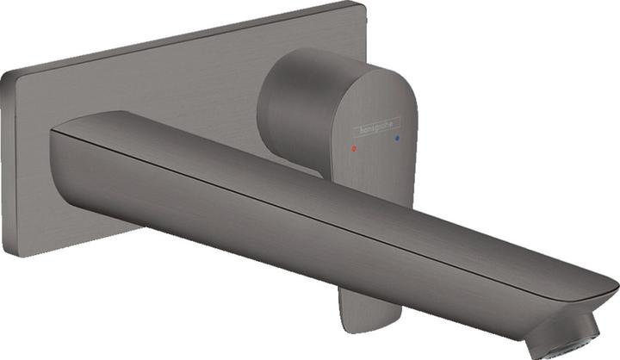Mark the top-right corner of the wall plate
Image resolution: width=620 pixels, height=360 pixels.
pyautogui.click(x=359, y=6)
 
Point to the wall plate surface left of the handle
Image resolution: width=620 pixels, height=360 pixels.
pyautogui.click(x=172, y=95)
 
